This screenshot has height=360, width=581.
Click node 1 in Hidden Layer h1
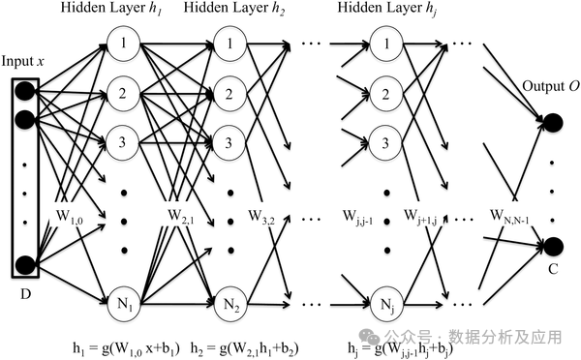click(x=125, y=44)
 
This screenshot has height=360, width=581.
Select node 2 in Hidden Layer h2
click(x=229, y=95)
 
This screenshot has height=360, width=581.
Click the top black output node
click(x=553, y=122)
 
